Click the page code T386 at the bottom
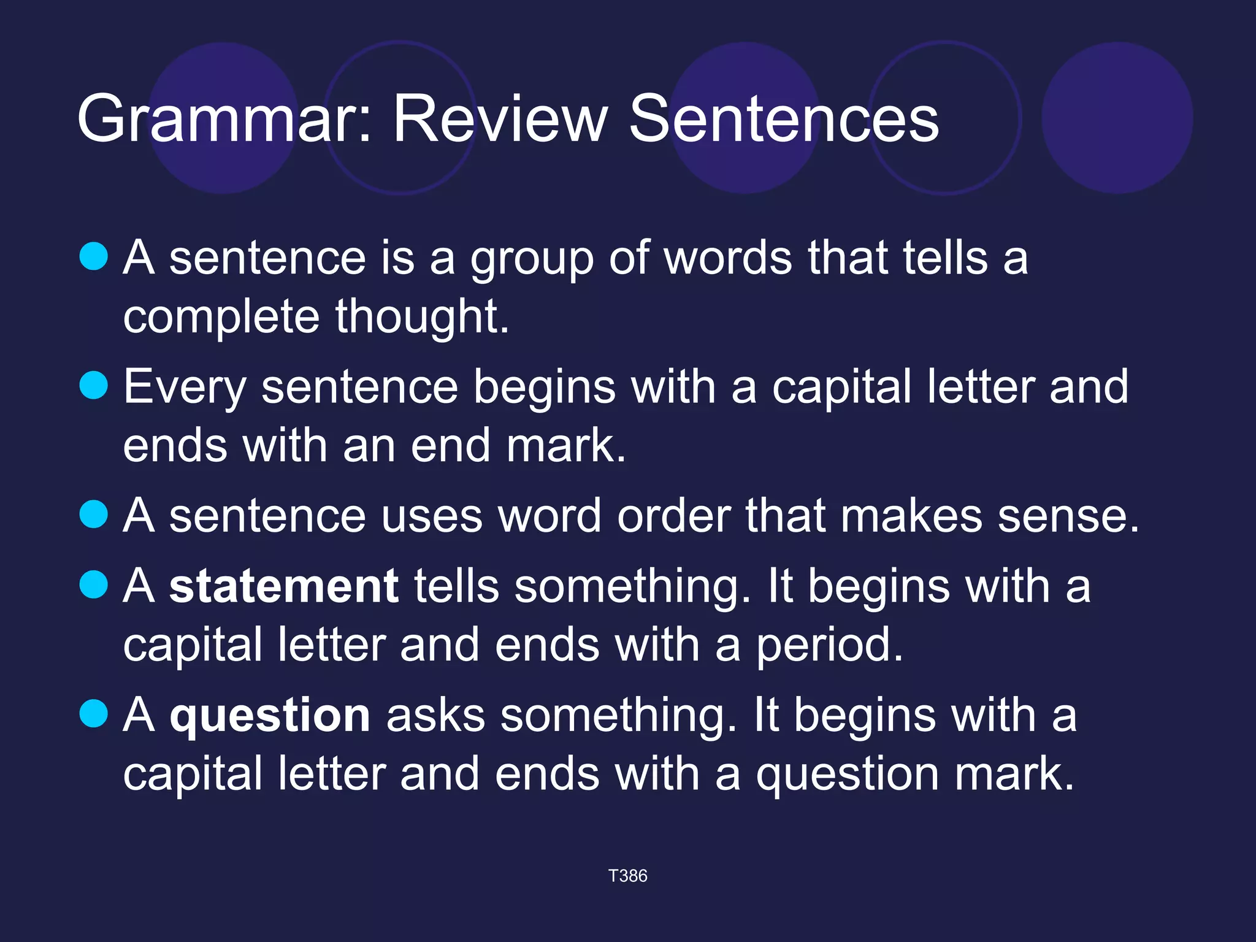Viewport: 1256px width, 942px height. [x=627, y=876]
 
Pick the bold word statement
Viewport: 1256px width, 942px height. [x=284, y=586]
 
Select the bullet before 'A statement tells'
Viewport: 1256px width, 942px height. [x=94, y=584]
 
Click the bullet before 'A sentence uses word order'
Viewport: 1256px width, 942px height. [x=94, y=514]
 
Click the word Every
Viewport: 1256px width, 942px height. [x=185, y=388]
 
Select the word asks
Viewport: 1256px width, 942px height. [x=435, y=716]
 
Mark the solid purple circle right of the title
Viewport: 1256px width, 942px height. [x=1117, y=118]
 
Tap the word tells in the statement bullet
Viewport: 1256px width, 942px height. [x=457, y=586]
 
